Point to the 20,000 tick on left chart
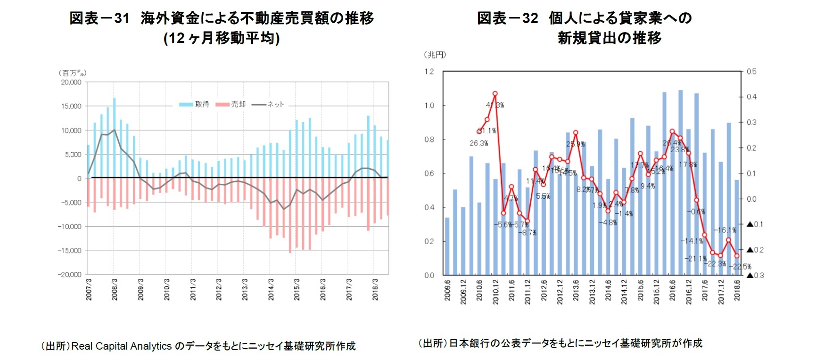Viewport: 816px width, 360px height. pyautogui.click(x=71, y=82)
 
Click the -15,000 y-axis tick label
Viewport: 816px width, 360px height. pyautogui.click(x=70, y=251)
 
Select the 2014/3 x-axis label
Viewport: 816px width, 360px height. pyautogui.click(x=271, y=289)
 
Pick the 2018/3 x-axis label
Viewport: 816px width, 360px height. pyautogui.click(x=375, y=289)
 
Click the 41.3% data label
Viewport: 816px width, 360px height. pyautogui.click(x=495, y=105)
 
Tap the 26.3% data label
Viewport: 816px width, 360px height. pyautogui.click(x=478, y=143)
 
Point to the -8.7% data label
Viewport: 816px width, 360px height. pyautogui.click(x=527, y=233)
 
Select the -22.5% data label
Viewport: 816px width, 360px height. pyautogui.click(x=740, y=267)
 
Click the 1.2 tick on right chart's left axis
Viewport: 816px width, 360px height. pyautogui.click(x=429, y=72)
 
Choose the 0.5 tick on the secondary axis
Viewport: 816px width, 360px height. pyautogui.click(x=751, y=72)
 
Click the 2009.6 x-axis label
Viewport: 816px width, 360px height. pyautogui.click(x=447, y=290)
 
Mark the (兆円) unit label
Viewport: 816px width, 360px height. pyautogui.click(x=435, y=55)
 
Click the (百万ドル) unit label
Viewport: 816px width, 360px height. pyautogui.click(x=73, y=73)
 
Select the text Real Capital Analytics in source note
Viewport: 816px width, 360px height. pyautogui.click(x=121, y=346)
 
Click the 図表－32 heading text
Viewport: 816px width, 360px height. pyautogui.click(x=507, y=18)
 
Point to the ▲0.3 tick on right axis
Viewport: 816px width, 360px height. pyautogui.click(x=755, y=275)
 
